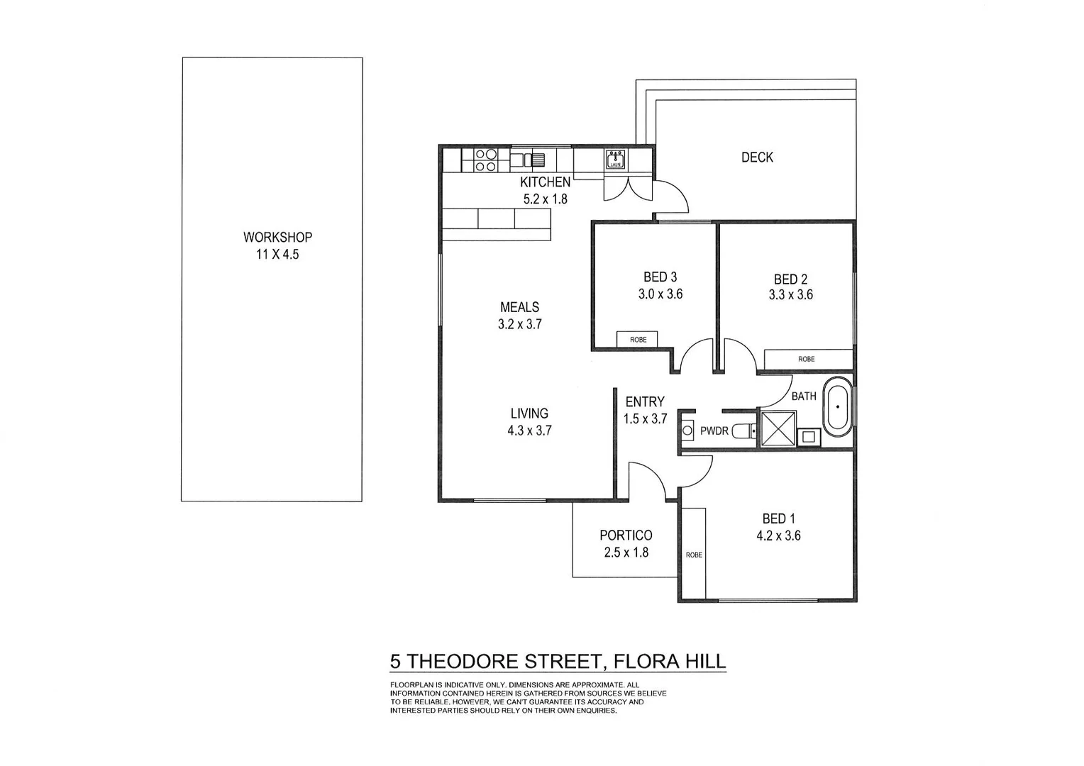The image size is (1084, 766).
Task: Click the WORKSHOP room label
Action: (277, 238)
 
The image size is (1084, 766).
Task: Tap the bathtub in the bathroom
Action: (838, 407)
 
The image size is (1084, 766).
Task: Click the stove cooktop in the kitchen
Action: (485, 160)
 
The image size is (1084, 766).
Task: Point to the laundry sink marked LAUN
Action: (615, 160)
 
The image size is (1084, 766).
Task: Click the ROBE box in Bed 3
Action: (638, 340)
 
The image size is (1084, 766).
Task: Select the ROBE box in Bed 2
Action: (807, 359)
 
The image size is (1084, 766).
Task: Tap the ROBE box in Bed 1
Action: (693, 554)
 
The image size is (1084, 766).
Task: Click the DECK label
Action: (757, 157)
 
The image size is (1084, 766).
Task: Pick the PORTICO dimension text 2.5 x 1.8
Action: (626, 553)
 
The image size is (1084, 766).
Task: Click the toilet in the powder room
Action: (744, 431)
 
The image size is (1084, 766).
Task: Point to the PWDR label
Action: (714, 431)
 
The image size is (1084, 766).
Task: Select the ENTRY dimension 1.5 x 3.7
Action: (645, 419)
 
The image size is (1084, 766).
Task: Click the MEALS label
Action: (519, 307)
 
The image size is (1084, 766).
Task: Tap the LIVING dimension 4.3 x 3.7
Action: (529, 430)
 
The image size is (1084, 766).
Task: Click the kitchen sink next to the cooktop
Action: (533, 160)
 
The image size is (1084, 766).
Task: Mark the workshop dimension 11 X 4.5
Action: (277, 255)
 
